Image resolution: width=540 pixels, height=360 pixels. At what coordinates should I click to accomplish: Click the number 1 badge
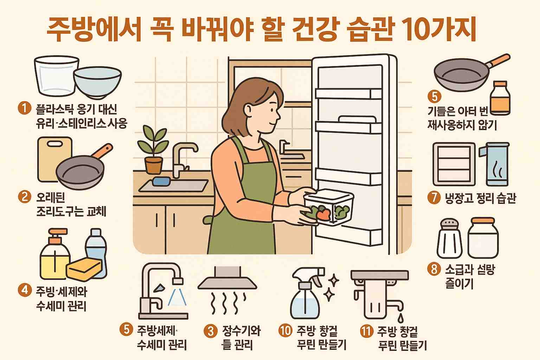pos(24,108)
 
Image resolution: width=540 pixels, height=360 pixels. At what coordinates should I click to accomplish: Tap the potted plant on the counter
pos(153,151)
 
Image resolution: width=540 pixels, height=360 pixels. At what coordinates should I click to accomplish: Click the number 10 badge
pos(285,331)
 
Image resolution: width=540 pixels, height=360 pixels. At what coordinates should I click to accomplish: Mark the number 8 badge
pos(434,269)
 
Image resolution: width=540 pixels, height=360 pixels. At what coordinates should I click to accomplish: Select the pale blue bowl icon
pos(97,83)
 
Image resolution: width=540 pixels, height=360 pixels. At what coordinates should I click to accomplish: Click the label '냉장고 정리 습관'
pos(480,198)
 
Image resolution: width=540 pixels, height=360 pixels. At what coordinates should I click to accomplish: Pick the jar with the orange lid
pos(483,238)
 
